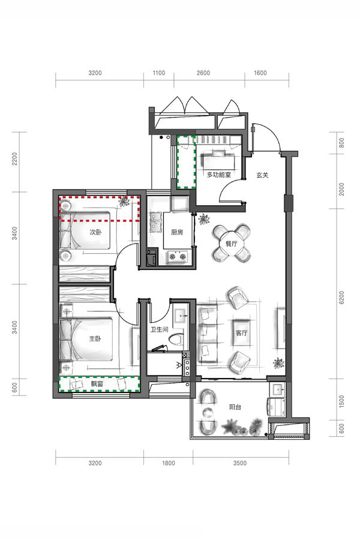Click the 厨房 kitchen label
pos(177,232)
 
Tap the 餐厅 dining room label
pos(231,244)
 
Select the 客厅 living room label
pos(241,333)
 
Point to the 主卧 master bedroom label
pos(95,339)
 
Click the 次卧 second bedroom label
pos(96,232)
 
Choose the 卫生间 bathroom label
pos(159,329)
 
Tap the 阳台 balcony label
pos(235,407)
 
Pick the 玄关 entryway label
pos(262,175)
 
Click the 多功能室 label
pos(219,175)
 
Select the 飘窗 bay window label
pos(97,384)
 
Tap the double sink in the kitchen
pos(155,222)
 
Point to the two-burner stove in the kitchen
pos(178,256)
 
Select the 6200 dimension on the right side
pos(341,298)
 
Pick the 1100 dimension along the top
pos(158,73)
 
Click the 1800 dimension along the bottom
pos(169,463)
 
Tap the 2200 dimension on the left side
pos(15,159)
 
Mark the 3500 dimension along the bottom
pos(240,463)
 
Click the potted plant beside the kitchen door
pos(204,219)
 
